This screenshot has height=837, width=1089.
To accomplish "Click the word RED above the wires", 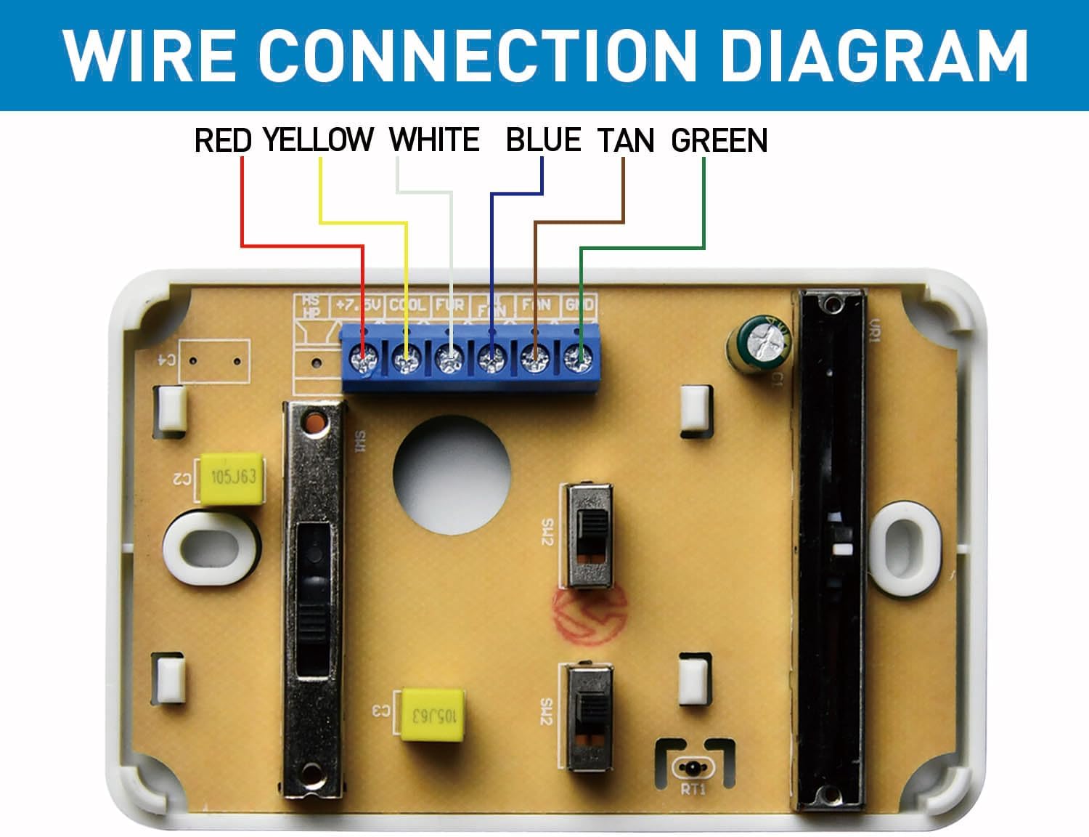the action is pyautogui.click(x=223, y=140).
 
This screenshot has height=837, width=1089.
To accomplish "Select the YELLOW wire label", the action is pyautogui.click(x=318, y=140).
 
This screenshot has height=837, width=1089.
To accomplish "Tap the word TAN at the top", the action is pyautogui.click(x=626, y=141).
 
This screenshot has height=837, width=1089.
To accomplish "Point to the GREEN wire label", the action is pyautogui.click(x=719, y=141).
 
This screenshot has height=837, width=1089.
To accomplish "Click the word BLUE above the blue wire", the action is pyautogui.click(x=543, y=140).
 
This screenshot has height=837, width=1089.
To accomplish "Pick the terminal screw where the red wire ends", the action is pyautogui.click(x=362, y=358).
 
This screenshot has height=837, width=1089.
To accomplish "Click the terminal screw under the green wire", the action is pyautogui.click(x=579, y=358).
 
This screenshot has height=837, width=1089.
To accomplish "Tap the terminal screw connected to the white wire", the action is pyautogui.click(x=449, y=358).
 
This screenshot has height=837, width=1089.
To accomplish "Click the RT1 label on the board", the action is pyautogui.click(x=693, y=790).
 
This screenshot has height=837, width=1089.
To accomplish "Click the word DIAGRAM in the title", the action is pyautogui.click(x=874, y=55).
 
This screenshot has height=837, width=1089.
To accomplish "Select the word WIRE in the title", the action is pyautogui.click(x=149, y=55).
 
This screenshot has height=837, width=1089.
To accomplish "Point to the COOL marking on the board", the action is pyautogui.click(x=407, y=304).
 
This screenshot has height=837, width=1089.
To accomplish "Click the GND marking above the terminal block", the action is pyautogui.click(x=579, y=304).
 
